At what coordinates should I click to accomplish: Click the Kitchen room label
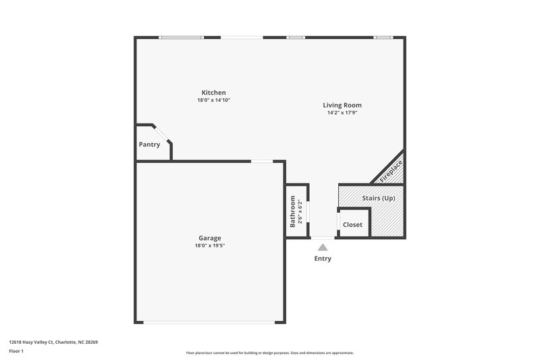213,93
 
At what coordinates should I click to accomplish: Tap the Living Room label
342,105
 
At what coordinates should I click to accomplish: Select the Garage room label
209,238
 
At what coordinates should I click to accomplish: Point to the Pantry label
149,145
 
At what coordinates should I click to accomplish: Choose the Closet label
352,225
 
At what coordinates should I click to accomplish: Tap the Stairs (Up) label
379,198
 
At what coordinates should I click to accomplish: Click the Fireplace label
391,171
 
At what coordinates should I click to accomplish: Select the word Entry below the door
323,259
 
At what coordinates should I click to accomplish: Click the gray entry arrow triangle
323,247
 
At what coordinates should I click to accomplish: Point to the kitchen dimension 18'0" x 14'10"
213,101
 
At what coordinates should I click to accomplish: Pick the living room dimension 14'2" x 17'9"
342,113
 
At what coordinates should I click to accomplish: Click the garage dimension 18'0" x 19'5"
209,246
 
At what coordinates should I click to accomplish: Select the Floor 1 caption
16,351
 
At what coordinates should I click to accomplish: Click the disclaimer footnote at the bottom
269,353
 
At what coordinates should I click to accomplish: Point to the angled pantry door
163,133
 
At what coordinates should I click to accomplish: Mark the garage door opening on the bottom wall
209,322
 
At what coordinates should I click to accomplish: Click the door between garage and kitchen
262,161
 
